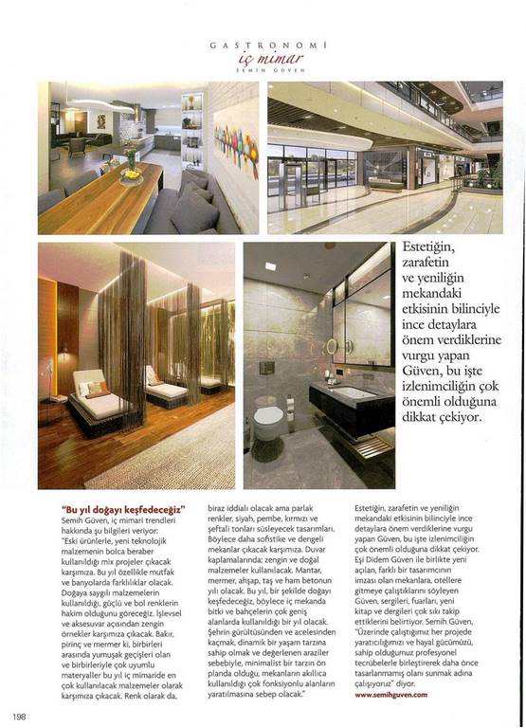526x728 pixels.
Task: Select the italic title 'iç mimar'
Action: point(262,57)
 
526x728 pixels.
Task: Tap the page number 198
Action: point(19,715)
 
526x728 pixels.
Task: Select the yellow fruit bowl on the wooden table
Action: point(130,173)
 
